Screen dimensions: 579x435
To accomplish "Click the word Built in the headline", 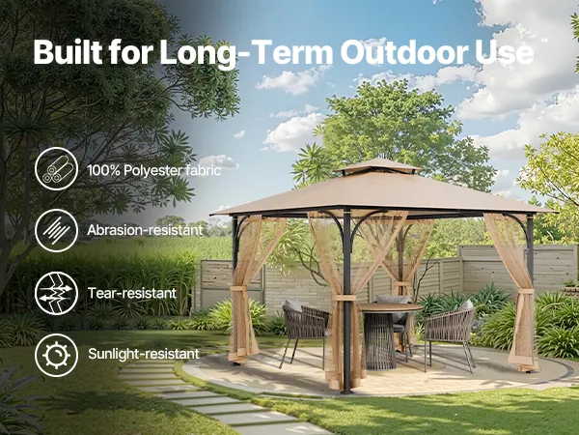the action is (69, 52).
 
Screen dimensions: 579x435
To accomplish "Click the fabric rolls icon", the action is (57, 168).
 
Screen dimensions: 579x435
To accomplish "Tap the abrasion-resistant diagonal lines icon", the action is (57, 230).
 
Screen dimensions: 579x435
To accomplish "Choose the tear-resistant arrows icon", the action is (57, 293).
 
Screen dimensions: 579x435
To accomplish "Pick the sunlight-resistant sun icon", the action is (57, 355).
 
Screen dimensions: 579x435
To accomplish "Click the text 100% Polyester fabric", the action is (154, 170).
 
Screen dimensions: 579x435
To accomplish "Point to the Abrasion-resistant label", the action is (145, 230).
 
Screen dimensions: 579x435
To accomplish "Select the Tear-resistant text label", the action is (132, 293).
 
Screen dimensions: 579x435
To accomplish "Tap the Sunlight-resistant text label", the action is (144, 354).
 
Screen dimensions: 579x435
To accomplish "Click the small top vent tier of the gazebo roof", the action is (378, 165).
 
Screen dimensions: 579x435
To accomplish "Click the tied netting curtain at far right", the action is (519, 292).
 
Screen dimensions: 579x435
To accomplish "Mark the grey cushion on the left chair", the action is (293, 305).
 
